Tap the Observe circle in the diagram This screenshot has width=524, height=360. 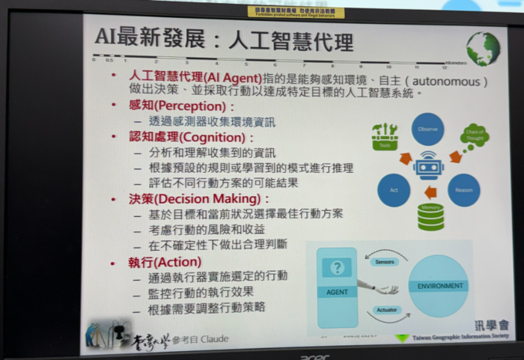coord(427,129)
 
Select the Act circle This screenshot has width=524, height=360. coord(393,190)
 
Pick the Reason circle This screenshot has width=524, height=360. coord(463,189)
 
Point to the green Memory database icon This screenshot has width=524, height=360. coord(430,216)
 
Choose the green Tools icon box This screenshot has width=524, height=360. coord(384,136)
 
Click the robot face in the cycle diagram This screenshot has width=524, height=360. coord(429,166)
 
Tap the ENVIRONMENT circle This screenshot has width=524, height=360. coord(438,285)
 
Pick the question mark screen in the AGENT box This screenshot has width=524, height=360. coord(337,267)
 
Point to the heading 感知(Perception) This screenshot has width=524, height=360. coord(166,106)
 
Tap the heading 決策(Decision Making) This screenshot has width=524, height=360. coord(188,199)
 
